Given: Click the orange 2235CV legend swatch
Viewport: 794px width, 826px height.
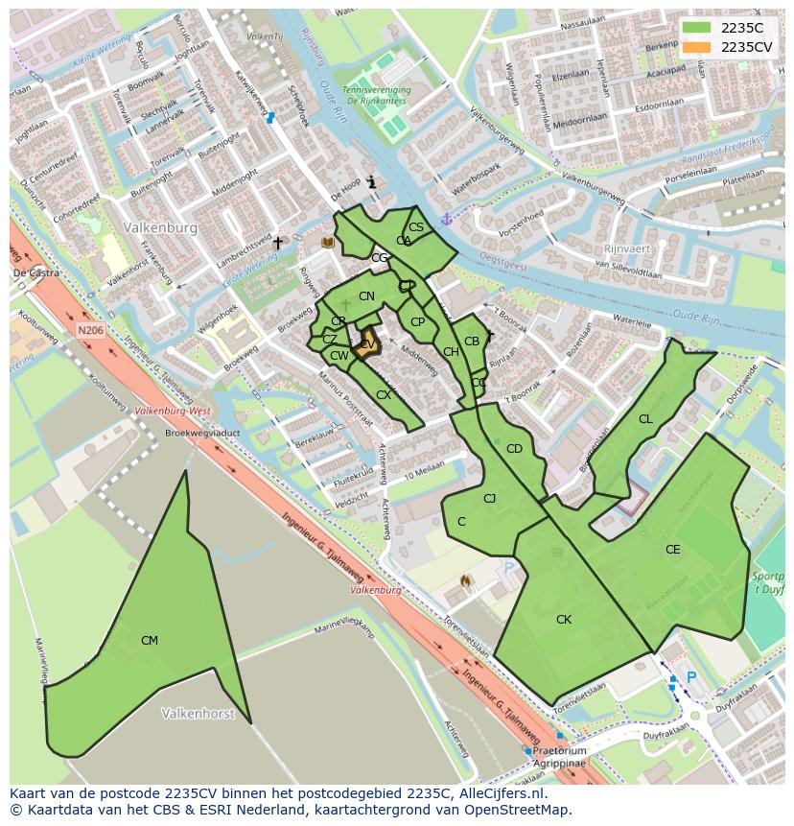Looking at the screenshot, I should coord(697,47).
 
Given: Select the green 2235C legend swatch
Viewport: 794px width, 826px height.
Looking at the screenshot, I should coord(697,28).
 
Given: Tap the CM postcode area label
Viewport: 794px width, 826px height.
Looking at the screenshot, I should coord(150,641).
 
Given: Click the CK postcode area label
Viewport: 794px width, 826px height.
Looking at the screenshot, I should coord(564,620).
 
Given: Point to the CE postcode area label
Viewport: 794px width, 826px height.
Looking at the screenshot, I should coord(672,550).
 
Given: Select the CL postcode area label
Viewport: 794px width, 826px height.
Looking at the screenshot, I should coord(645,419).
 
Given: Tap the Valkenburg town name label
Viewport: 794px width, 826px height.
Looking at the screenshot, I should coord(160,228).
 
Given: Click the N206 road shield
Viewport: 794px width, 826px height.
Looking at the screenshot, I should coord(90,330).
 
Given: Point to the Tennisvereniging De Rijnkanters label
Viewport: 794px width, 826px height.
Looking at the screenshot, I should coord(378,94).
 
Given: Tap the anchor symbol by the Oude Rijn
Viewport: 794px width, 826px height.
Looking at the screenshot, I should coord(445,220).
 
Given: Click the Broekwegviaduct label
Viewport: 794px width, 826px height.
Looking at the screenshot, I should coord(201,433).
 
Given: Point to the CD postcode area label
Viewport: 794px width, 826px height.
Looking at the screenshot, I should coord(514,449).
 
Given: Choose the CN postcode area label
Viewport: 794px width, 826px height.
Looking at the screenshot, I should coord(366,296).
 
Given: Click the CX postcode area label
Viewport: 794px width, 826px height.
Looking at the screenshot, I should coord(384,395).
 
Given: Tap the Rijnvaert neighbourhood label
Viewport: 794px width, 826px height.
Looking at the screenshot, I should coord(627,248).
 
